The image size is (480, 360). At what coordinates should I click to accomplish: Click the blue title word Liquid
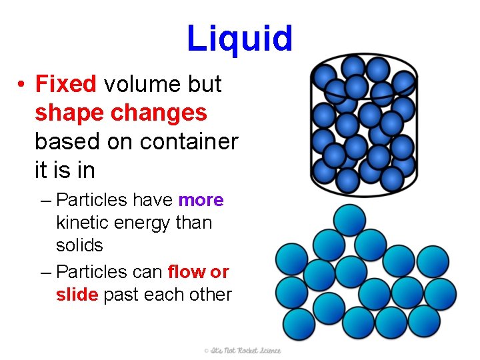pyautogui.click(x=239, y=39)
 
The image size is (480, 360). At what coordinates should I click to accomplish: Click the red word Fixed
pyautogui.click(x=66, y=85)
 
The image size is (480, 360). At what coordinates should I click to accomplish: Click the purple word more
pyautogui.click(x=201, y=200)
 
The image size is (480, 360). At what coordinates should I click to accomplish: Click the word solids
pyautogui.click(x=79, y=245)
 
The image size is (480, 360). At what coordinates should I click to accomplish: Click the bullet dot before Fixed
pyautogui.click(x=22, y=85)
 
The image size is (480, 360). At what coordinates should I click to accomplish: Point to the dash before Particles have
pyautogui.click(x=45, y=200)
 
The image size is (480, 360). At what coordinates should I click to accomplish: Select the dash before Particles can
pyautogui.click(x=45, y=272)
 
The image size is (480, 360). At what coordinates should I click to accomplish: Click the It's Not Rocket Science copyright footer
pyautogui.click(x=243, y=351)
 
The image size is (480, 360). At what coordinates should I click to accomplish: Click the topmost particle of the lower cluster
pyautogui.click(x=349, y=220)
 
